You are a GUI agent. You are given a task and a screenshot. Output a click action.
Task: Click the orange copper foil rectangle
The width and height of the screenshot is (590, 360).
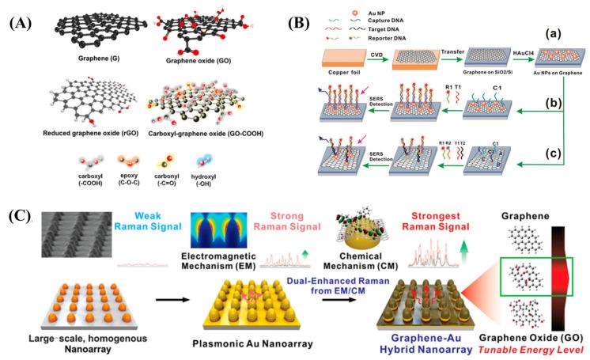(342, 65)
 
